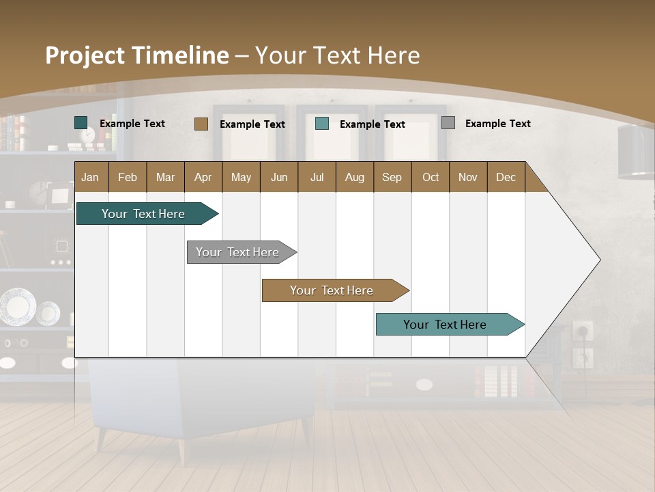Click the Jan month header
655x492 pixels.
(91, 177)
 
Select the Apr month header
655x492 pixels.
(203, 177)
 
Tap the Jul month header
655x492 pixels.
(317, 177)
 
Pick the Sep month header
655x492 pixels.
(392, 177)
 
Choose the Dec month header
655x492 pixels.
(506, 177)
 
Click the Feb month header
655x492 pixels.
(128, 177)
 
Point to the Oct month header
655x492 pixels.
(431, 177)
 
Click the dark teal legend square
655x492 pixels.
(81, 123)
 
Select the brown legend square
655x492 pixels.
(201, 124)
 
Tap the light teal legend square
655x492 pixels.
(322, 124)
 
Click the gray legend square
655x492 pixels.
(448, 123)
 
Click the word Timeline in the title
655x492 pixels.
(180, 55)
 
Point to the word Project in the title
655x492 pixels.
(85, 55)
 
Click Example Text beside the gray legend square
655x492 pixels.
(497, 124)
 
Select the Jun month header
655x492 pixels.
(279, 177)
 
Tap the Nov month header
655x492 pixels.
(468, 177)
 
